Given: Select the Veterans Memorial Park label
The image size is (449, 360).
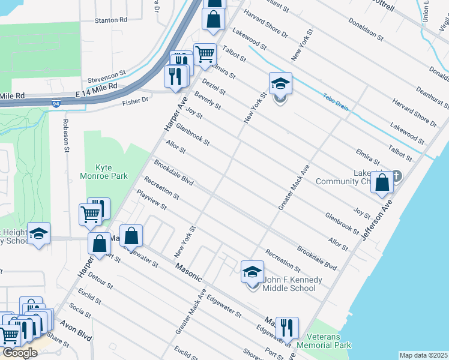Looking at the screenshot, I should (328, 341).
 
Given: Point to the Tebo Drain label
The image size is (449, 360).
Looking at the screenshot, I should (336, 101).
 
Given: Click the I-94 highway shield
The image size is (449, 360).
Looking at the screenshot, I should (56, 104).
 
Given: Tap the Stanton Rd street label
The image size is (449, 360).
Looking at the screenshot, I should (112, 20).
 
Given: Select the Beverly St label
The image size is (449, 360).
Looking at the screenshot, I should (207, 100).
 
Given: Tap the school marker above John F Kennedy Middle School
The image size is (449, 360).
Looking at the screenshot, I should (253, 272).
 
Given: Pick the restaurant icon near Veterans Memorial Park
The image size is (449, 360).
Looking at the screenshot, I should (287, 328).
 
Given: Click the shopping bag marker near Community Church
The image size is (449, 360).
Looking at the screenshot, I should (382, 182).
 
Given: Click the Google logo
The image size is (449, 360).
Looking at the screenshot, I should (20, 352).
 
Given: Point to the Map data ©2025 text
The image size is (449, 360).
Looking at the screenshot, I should (423, 355).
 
